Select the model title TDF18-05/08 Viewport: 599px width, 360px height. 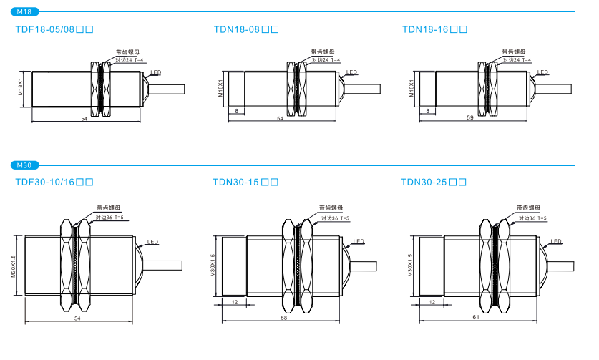pos(54,30)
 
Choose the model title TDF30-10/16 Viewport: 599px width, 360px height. pos(54,183)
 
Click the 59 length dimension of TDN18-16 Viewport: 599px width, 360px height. pos(470,117)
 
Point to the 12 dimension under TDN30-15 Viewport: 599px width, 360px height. pos(234,303)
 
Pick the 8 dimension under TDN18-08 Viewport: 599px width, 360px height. pos(236,111)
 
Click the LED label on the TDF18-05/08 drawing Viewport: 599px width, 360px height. pos(156,72)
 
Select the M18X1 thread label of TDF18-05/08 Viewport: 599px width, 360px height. pos(21,89)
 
